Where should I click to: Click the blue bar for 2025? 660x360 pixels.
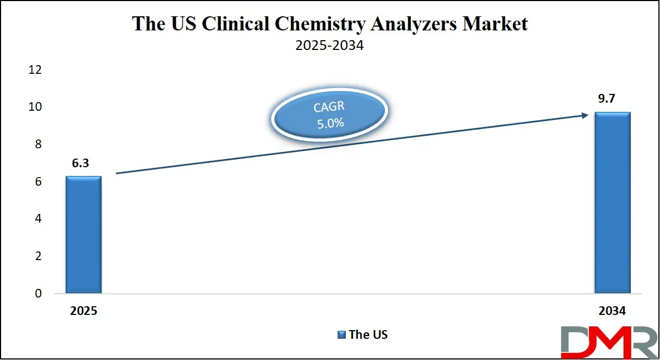coord(84,235)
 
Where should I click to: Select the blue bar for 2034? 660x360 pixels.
coord(612,203)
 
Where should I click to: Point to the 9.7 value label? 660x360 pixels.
coord(612,100)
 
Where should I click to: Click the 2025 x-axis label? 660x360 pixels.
coord(83,311)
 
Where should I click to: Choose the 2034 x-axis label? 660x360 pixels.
coord(612,311)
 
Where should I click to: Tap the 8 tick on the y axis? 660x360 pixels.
coord(38,144)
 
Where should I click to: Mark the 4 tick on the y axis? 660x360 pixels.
coord(38,219)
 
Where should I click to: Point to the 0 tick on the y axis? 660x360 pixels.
coord(38,294)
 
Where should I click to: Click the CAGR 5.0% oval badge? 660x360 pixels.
coord(329,115)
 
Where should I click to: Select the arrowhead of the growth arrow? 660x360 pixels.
coord(584,115)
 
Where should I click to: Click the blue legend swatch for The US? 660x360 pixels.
coord(341,334)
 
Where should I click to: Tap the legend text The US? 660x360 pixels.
coord(368,334)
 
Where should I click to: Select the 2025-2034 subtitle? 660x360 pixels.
coord(329,46)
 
